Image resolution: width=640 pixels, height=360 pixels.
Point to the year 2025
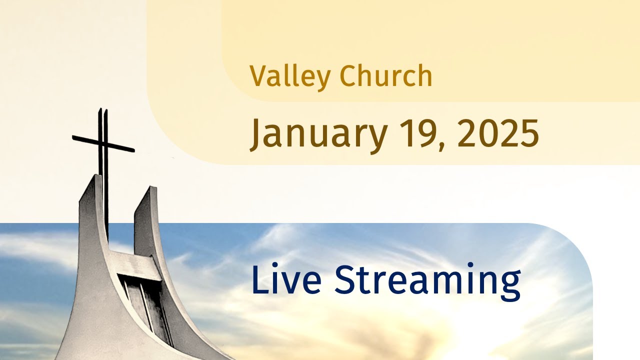[497, 133]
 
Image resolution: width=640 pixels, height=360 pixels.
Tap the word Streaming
[427, 280]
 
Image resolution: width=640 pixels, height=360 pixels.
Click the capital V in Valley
[257, 76]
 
